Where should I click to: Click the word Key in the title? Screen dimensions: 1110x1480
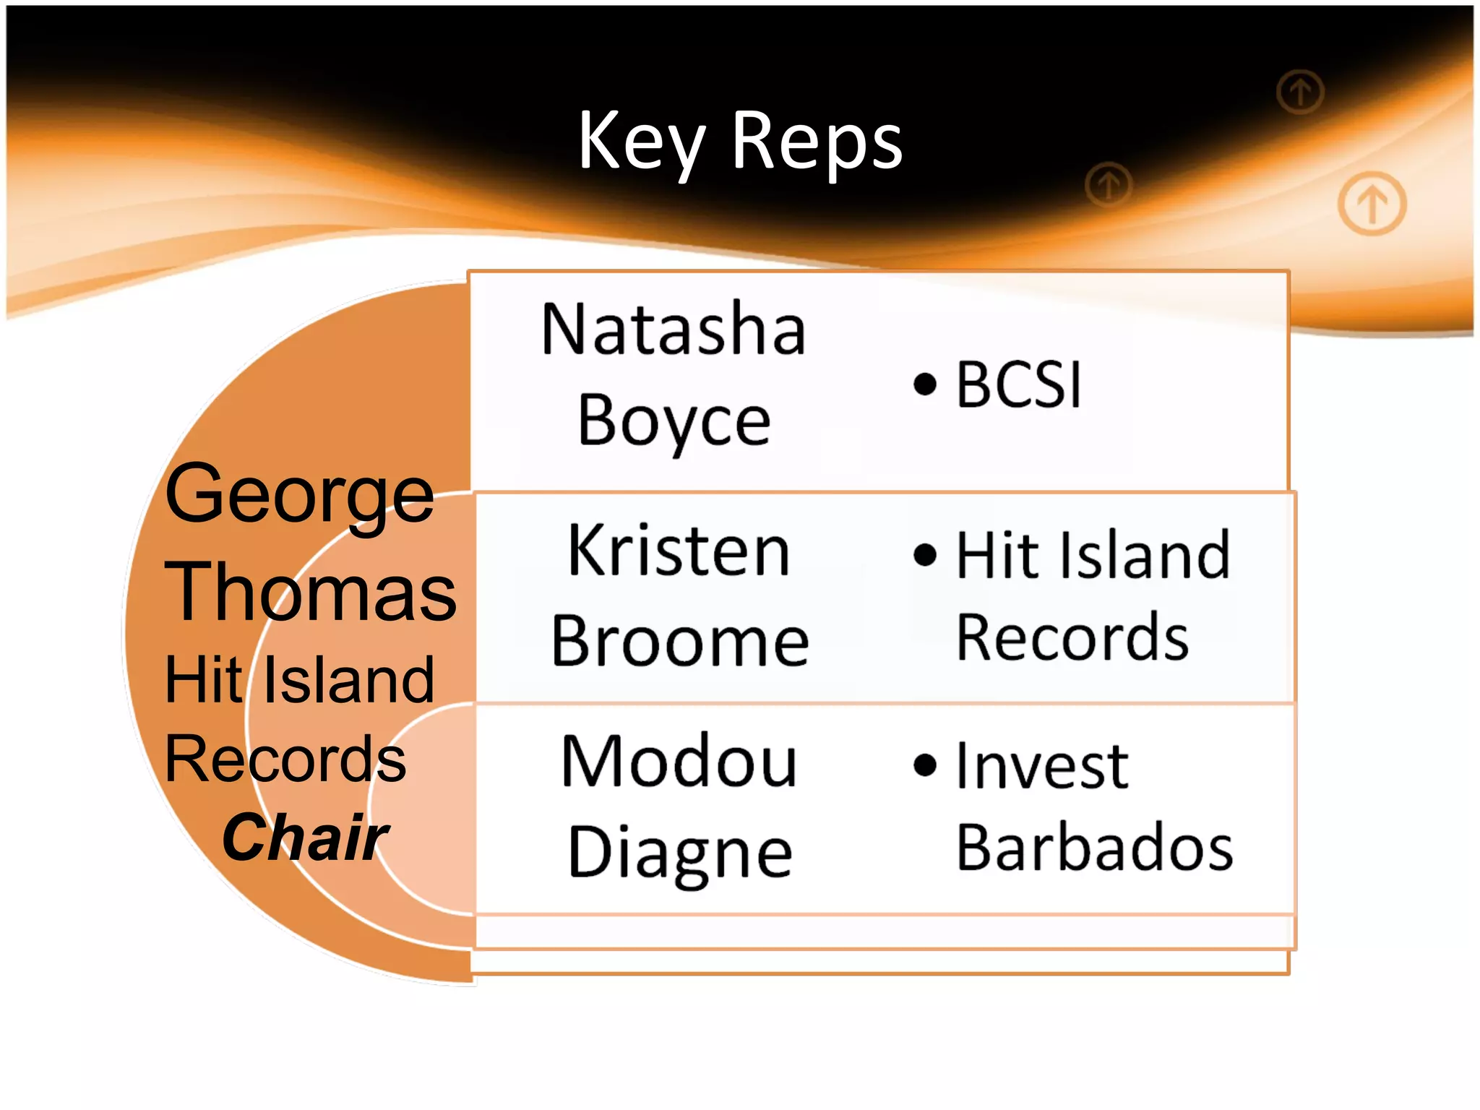[x=640, y=142]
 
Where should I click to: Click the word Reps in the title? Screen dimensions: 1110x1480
[x=817, y=142]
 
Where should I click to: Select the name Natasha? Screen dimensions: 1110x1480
[x=673, y=330]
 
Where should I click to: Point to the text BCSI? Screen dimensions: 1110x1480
[x=1018, y=385]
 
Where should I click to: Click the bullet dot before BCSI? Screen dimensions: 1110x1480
[x=924, y=384]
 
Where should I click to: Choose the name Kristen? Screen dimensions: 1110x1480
[x=679, y=551]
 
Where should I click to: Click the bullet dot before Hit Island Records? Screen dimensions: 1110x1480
[x=924, y=555]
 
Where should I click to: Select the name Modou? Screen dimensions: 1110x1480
[x=679, y=762]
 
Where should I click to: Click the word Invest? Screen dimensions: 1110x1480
[x=1041, y=766]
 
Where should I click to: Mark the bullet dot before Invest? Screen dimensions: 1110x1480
[x=924, y=765]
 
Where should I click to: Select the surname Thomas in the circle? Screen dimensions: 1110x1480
[x=311, y=592]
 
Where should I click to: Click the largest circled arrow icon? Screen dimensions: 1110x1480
[x=1372, y=204]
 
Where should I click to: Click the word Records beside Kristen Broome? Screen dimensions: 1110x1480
[x=1072, y=638]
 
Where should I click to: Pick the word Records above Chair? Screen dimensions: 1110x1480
[x=285, y=759]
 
